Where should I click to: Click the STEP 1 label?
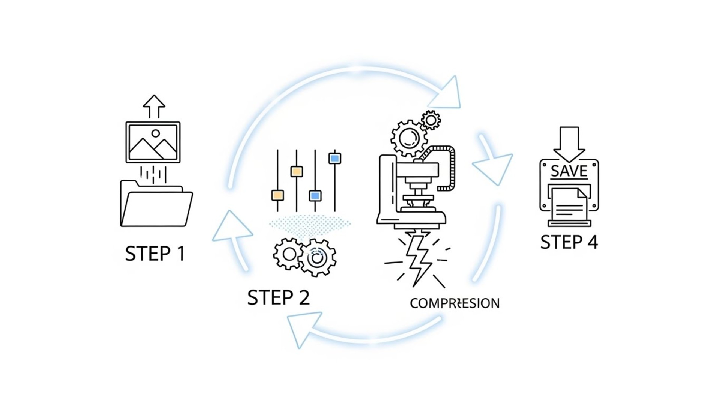(155, 253)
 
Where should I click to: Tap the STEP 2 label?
(278, 297)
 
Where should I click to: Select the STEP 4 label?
(569, 242)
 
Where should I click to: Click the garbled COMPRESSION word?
(454, 303)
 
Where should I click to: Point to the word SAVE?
(569, 171)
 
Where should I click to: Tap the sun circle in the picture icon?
(156, 133)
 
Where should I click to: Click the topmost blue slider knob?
(334, 158)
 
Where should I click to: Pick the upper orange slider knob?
(297, 172)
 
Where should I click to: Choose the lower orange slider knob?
(277, 195)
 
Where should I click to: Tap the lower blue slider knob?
(315, 196)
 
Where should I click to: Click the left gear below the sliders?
(289, 254)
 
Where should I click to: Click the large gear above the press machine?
(409, 138)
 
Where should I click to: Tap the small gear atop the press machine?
(430, 120)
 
